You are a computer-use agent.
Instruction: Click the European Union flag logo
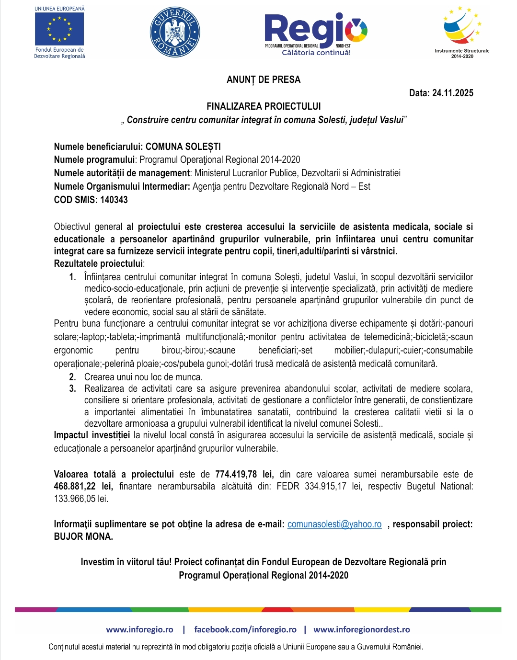(x=59, y=29)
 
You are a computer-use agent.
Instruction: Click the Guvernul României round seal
(x=175, y=32)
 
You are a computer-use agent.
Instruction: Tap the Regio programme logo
(x=316, y=34)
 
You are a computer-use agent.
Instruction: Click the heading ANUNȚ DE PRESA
(x=264, y=80)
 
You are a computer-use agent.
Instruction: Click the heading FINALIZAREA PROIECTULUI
(x=264, y=106)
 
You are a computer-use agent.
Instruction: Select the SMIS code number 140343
(x=114, y=200)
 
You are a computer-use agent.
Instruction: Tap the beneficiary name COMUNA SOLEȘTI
(x=183, y=147)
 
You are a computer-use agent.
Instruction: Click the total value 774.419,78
(x=236, y=474)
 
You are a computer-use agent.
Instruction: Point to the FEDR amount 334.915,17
(x=325, y=486)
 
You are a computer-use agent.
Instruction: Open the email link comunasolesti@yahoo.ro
(x=334, y=524)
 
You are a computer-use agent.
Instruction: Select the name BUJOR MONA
(x=83, y=536)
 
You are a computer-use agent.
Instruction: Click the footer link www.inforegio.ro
(x=139, y=629)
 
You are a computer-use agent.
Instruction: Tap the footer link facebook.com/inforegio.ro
(x=245, y=629)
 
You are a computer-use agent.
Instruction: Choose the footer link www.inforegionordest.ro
(x=361, y=629)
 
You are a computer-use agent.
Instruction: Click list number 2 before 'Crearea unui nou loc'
(x=72, y=377)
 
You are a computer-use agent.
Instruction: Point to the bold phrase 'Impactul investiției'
(x=92, y=435)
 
